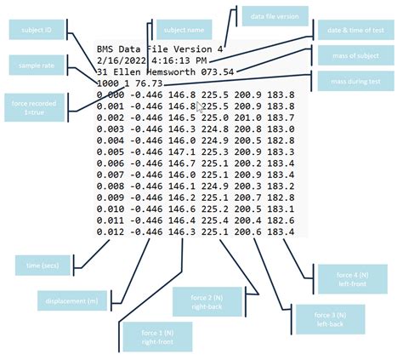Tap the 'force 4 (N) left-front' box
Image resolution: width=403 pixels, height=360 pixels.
[x=349, y=278]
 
